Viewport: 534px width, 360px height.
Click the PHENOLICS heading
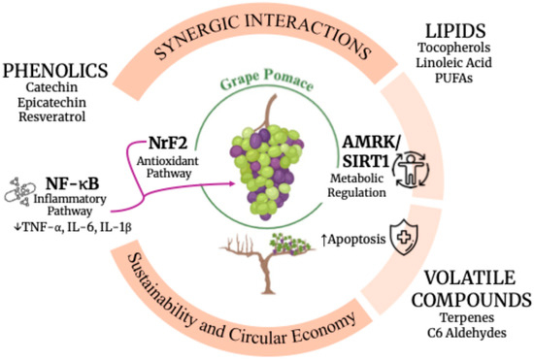click(55, 71)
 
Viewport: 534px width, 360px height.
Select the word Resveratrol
click(52, 116)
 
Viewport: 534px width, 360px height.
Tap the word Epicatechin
click(52, 103)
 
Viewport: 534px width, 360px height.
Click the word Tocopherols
click(454, 48)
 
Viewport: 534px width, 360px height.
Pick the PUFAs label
click(454, 78)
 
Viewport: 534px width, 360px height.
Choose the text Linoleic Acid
click(454, 63)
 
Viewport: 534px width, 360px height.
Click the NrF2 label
click(168, 143)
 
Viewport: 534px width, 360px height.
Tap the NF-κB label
click(72, 184)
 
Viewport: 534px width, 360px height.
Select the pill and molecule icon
click(19, 191)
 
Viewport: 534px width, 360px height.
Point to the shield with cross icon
click(404, 237)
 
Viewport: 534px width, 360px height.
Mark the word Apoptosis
click(356, 240)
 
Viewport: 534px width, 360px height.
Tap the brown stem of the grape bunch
click(268, 112)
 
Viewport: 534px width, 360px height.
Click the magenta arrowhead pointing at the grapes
click(233, 183)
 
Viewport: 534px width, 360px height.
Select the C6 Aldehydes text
click(467, 333)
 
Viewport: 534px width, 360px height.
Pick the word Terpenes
click(467, 317)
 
